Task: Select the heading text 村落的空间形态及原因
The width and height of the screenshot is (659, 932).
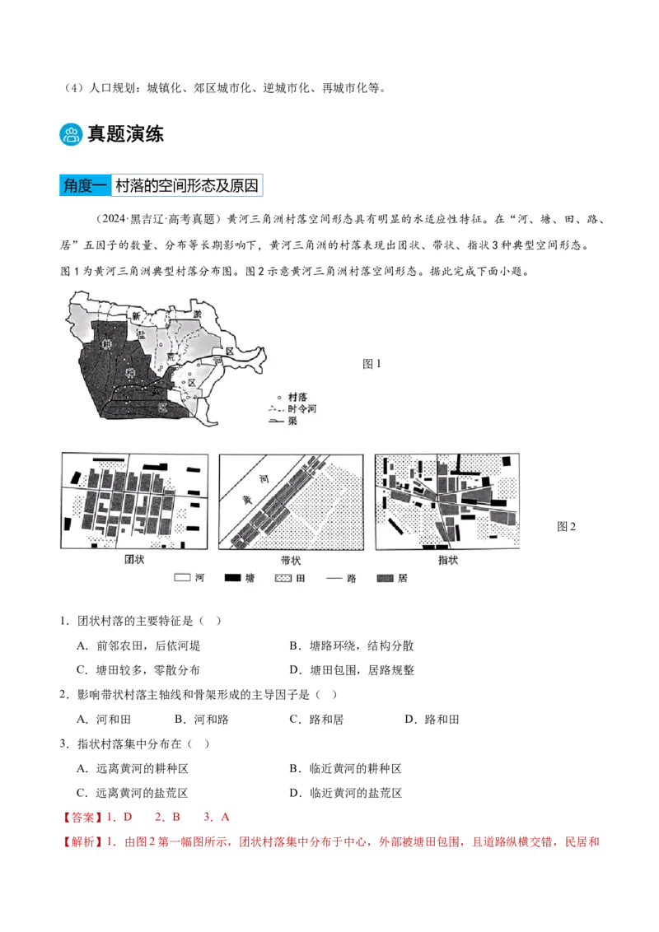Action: tap(187, 186)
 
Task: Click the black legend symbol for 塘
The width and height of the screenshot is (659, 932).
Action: tap(232, 578)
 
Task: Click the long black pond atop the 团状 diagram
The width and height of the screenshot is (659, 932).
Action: tap(116, 459)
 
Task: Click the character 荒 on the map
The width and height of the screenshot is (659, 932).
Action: tap(171, 357)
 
